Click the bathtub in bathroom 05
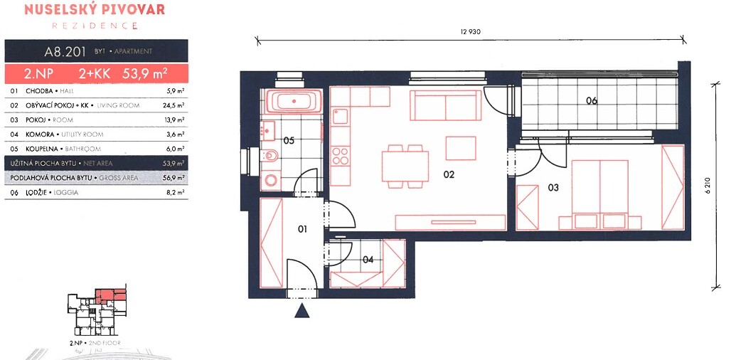(292, 101)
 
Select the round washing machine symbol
(270, 179)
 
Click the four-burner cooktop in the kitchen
(341, 156)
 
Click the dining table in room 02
(405, 166)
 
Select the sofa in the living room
(445, 105)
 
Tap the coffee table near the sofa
(461, 148)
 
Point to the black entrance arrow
(302, 311)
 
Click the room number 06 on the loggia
(592, 100)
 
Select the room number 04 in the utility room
(368, 260)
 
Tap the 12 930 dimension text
(470, 32)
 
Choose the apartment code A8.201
(65, 52)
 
